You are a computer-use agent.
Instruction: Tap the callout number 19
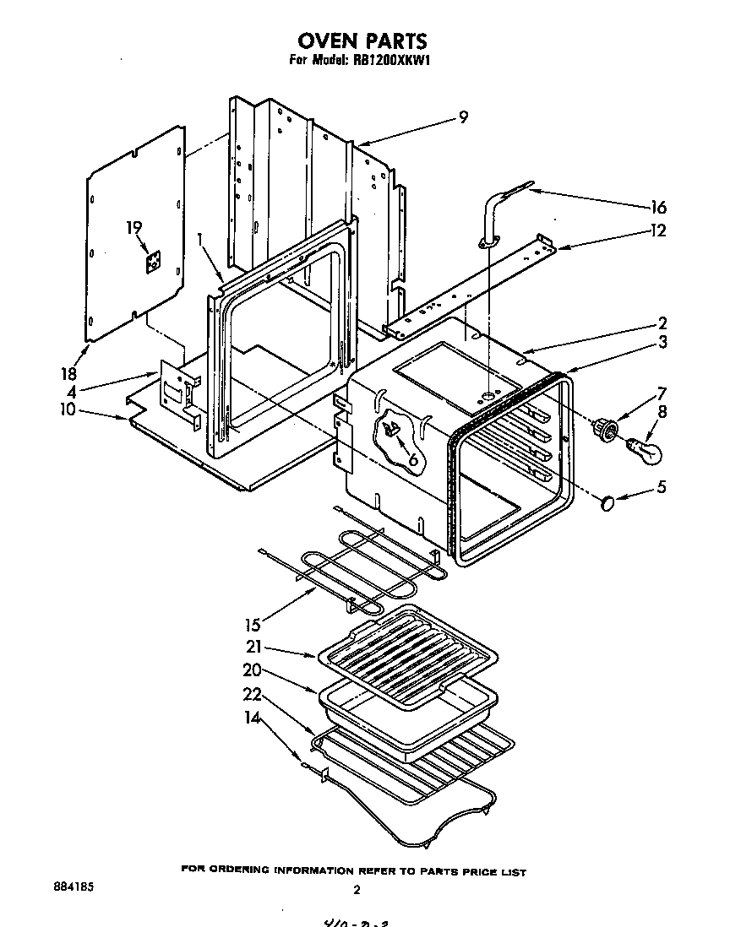(x=133, y=228)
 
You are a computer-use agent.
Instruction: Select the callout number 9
(x=462, y=117)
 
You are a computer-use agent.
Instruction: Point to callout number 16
(x=657, y=207)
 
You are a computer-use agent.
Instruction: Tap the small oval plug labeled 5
(x=607, y=504)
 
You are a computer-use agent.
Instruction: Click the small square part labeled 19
(x=152, y=263)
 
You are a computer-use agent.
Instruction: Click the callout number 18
(x=69, y=373)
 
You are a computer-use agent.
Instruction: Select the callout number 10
(x=67, y=409)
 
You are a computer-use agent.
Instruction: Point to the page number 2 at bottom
(x=357, y=889)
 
